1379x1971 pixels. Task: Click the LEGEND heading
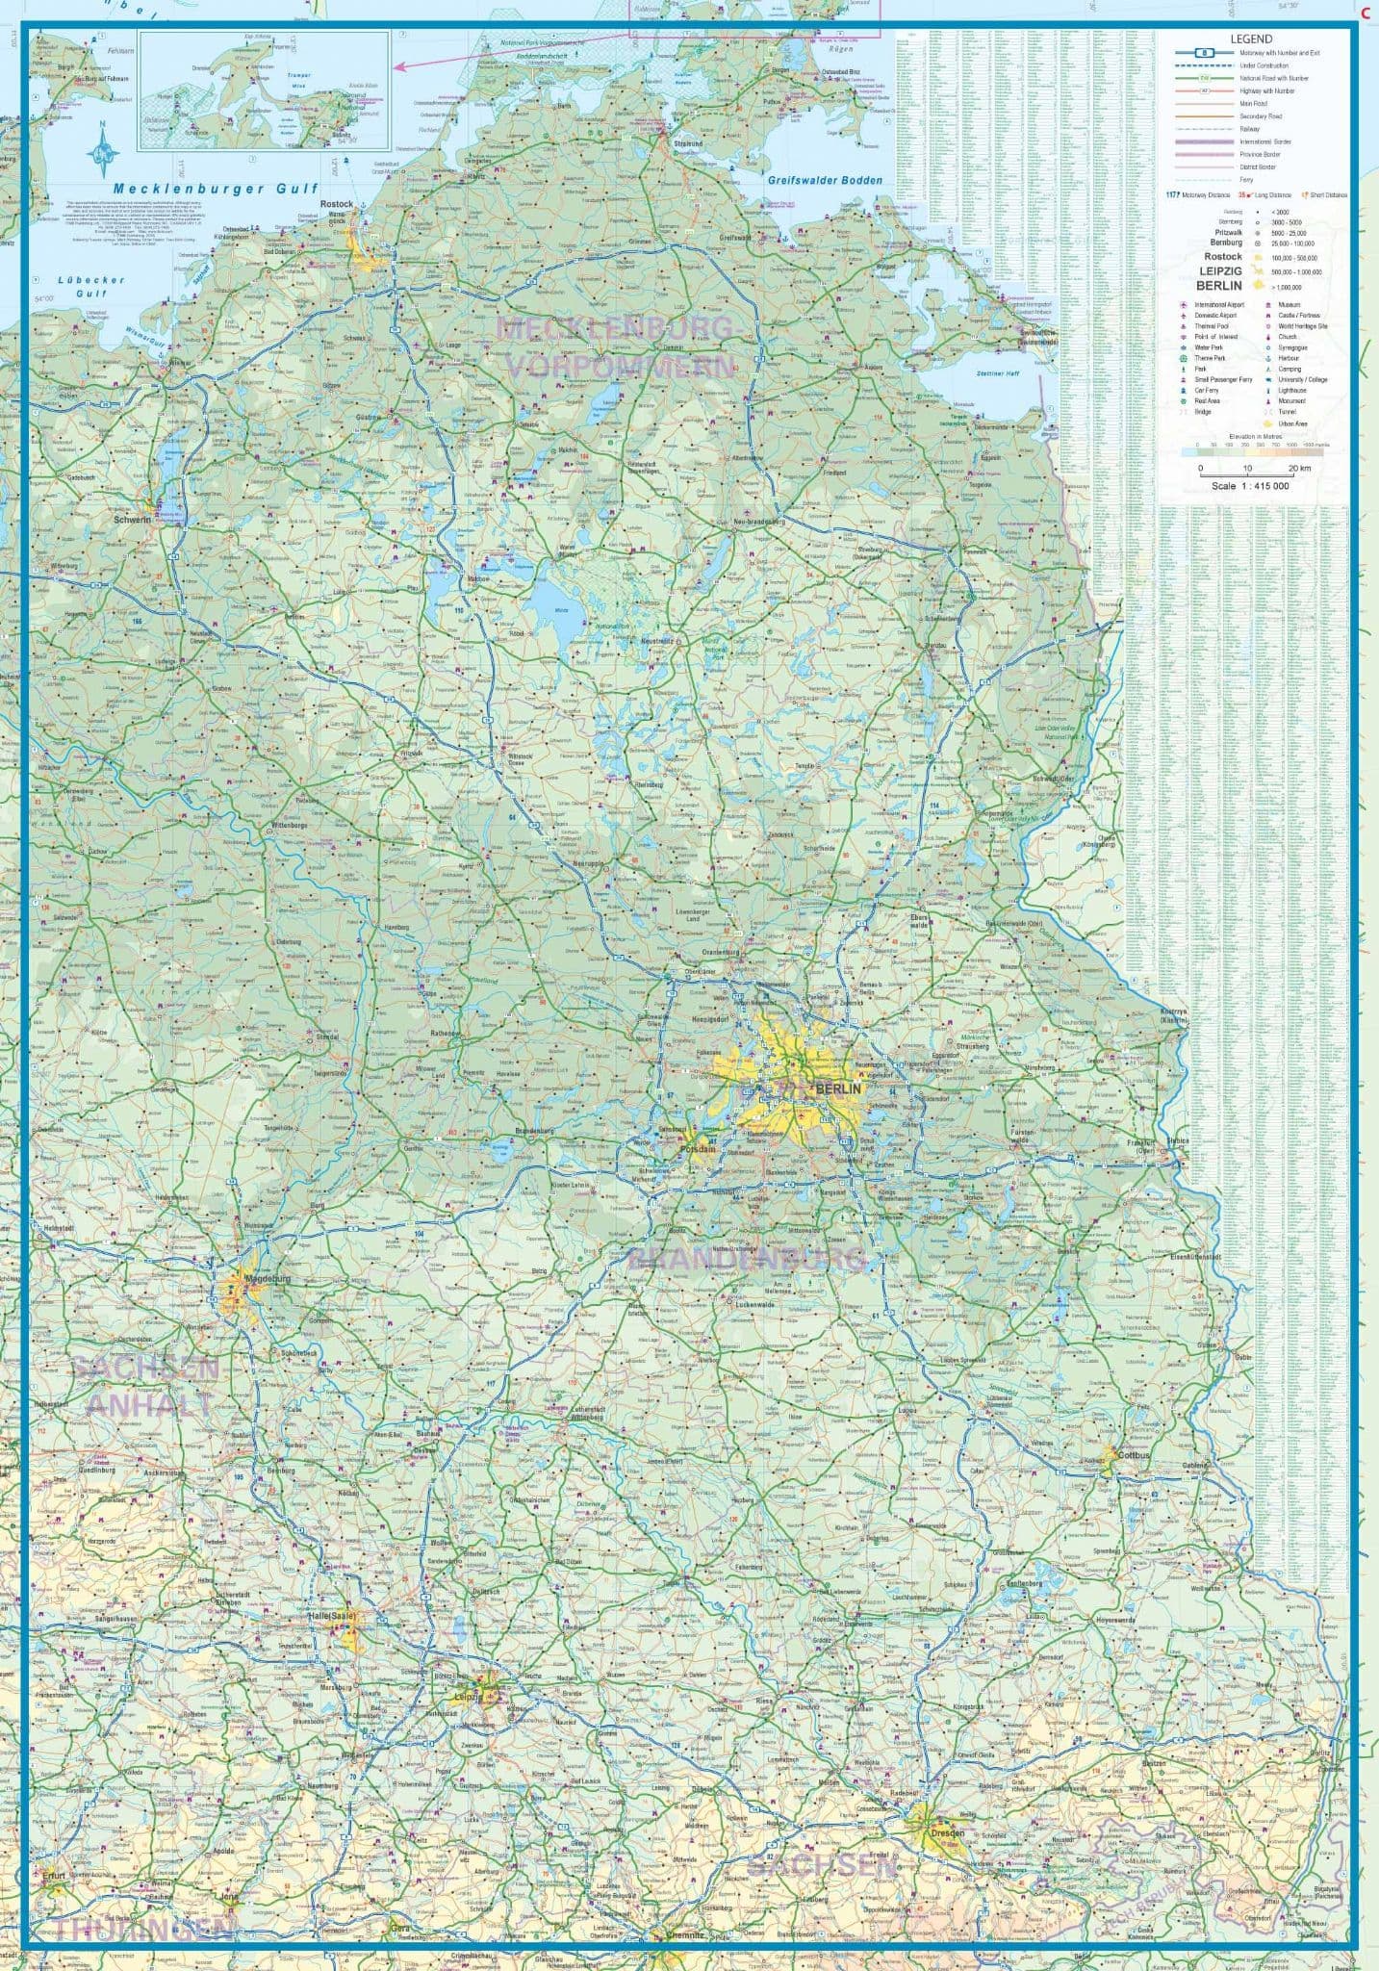point(1251,39)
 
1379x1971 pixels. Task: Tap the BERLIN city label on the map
point(838,1088)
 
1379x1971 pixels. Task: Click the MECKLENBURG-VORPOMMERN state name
point(617,346)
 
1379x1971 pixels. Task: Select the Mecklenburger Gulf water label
point(214,190)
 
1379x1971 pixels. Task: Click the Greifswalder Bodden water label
point(825,180)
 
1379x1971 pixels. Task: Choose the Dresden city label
point(947,1833)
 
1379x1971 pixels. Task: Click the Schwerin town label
point(133,520)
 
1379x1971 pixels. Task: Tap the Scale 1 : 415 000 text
point(1250,486)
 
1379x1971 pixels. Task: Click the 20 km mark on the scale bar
point(1299,469)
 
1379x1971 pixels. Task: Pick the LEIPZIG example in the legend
point(1220,271)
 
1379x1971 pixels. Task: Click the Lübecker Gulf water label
point(91,285)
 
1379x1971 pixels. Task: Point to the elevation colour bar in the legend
point(1251,446)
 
